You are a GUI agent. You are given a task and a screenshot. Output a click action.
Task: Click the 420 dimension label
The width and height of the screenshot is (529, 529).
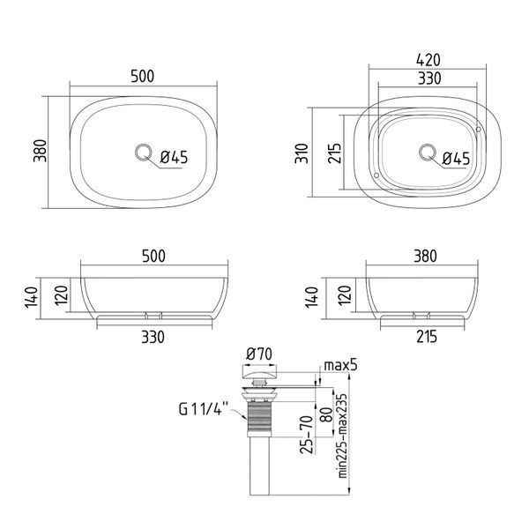pyautogui.click(x=428, y=60)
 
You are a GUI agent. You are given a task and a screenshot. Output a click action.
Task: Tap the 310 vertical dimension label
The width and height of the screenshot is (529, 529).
pyautogui.click(x=302, y=153)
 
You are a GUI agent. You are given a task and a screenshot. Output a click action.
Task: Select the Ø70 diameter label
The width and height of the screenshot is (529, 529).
pyautogui.click(x=258, y=354)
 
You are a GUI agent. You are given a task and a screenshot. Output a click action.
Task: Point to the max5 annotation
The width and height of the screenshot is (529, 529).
pyautogui.click(x=340, y=365)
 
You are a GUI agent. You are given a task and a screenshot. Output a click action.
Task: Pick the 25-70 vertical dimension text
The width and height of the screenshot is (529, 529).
pyautogui.click(x=307, y=435)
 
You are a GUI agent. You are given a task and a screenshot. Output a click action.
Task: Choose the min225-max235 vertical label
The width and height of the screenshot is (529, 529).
pyautogui.click(x=342, y=436)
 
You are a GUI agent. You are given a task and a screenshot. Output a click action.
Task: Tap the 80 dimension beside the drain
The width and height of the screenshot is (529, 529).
pyautogui.click(x=325, y=415)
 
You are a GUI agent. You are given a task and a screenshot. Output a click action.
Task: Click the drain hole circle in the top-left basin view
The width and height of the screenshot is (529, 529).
pyautogui.click(x=143, y=153)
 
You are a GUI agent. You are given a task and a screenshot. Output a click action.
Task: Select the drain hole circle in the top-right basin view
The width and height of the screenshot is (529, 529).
pyautogui.click(x=428, y=153)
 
